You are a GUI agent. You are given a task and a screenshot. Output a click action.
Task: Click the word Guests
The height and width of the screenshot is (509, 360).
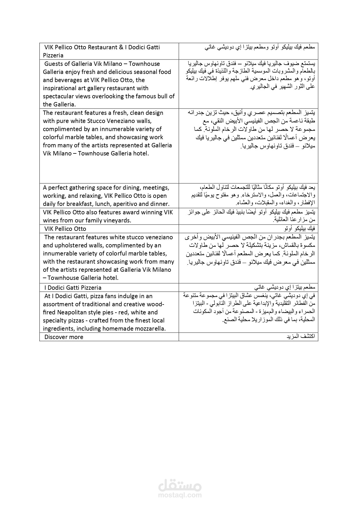coord(54,64)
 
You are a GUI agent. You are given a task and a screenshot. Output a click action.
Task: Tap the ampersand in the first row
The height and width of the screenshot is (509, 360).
coord(121,47)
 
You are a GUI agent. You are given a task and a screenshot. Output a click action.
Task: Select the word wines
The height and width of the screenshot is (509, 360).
coord(51,220)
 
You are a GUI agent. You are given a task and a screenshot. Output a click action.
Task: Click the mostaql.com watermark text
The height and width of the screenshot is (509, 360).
coord(180,495)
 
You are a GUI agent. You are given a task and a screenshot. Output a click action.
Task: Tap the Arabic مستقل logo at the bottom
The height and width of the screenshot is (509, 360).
coord(180,485)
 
